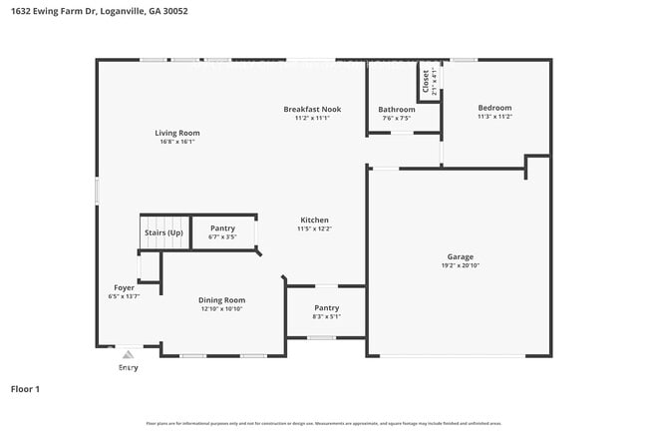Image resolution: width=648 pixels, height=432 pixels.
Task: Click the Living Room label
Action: click(176, 133)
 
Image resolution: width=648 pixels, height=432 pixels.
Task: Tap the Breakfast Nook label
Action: click(311, 109)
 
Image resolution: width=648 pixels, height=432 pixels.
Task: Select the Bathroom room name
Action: click(396, 109)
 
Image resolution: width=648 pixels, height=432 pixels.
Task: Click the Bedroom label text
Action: click(494, 108)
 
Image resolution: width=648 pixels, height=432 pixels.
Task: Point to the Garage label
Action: click(460, 256)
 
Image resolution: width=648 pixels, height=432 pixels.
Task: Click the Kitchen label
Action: click(314, 219)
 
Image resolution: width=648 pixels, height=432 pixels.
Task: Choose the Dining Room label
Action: click(221, 299)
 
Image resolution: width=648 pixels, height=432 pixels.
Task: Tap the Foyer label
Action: click(124, 287)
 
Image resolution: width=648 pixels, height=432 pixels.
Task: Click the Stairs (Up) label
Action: click(163, 232)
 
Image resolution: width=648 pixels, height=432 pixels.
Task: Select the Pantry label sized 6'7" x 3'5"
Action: click(222, 228)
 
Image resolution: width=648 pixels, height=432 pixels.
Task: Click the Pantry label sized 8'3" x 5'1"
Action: click(326, 307)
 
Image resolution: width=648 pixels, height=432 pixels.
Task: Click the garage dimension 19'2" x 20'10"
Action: click(460, 266)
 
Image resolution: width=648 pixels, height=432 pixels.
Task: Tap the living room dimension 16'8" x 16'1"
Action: click(176, 142)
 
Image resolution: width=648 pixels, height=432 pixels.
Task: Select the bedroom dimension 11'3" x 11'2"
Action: click(494, 117)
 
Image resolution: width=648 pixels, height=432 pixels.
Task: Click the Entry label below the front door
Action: click(129, 368)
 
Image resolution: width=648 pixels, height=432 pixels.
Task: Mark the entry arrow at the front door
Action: click(128, 353)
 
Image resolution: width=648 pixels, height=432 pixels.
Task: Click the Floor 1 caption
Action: click(25, 389)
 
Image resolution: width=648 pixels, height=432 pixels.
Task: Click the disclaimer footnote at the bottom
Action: click(323, 424)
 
